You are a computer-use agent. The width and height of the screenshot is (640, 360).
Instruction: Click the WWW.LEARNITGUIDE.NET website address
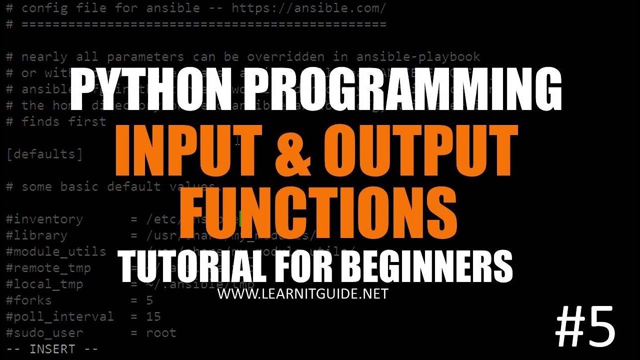[302, 294]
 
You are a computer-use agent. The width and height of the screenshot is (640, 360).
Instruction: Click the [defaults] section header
[44, 153]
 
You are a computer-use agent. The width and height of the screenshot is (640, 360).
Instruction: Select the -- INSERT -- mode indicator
[52, 349]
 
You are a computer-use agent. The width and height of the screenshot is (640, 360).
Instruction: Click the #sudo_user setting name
[44, 332]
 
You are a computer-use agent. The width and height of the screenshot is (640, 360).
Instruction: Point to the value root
[161, 332]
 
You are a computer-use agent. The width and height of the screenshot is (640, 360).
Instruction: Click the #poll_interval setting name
[60, 316]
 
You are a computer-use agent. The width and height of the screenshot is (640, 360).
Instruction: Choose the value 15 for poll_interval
[153, 316]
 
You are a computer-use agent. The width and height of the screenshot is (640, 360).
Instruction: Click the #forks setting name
[29, 300]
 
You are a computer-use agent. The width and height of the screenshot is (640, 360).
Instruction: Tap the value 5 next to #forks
[149, 300]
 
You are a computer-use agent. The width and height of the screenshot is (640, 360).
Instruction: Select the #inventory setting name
[44, 219]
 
